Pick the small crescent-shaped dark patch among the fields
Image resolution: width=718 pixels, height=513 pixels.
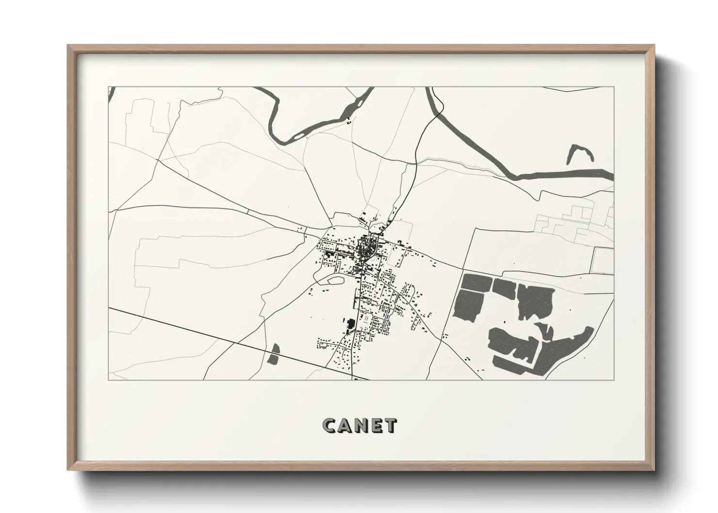[547, 331]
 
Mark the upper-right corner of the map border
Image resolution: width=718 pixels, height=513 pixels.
[614, 87]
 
